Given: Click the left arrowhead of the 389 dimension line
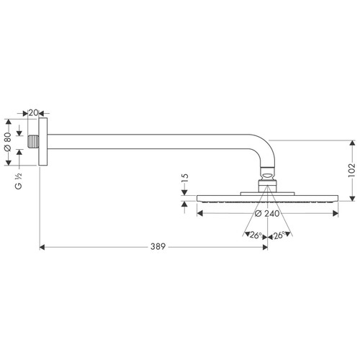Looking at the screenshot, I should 42,247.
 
